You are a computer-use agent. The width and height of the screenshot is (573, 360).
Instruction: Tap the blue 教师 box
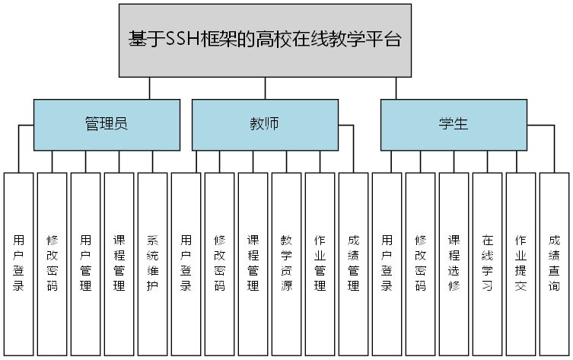tap(264, 125)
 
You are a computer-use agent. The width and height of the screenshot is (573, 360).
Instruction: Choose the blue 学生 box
tap(453, 125)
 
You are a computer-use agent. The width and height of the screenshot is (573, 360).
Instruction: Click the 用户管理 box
tap(85, 263)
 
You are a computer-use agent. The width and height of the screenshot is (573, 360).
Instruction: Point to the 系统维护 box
tap(152, 263)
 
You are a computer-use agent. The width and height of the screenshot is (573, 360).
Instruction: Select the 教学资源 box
tap(286, 263)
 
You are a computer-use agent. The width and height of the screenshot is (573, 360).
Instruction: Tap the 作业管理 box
tap(320, 263)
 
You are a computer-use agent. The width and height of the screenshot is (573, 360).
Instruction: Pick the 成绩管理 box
tap(353, 263)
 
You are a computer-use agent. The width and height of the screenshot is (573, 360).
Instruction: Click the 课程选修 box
tap(454, 263)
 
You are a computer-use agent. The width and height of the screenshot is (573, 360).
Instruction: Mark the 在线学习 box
tap(487, 263)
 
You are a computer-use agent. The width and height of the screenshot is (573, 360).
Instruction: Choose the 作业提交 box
tap(520, 263)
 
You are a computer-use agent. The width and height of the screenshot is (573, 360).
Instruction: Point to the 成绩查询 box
tap(554, 263)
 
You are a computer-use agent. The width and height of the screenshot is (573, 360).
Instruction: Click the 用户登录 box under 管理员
tap(18, 263)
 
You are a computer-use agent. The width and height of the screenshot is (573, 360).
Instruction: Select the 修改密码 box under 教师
tap(219, 263)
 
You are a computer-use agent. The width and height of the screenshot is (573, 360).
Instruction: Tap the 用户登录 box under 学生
tap(387, 263)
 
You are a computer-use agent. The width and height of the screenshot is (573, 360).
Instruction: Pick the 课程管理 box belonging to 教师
tap(253, 263)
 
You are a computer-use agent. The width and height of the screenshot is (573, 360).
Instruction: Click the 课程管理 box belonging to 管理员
tap(119, 263)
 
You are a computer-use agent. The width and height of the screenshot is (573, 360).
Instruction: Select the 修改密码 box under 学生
tap(420, 263)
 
